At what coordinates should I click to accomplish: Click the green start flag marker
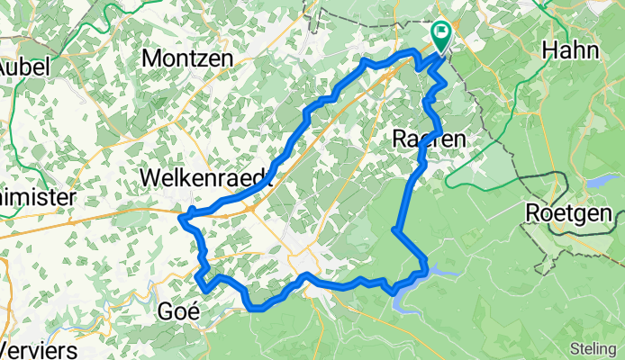pyautogui.click(x=441, y=36)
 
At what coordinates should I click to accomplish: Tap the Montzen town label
pyautogui.click(x=188, y=57)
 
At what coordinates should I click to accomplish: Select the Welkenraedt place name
pyautogui.click(x=207, y=178)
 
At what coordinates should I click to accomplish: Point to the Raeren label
pyautogui.click(x=430, y=139)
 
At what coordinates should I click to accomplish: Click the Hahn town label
pyautogui.click(x=571, y=50)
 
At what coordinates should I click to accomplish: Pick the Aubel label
pyautogui.click(x=23, y=67)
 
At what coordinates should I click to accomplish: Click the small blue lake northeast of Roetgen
pyautogui.click(x=598, y=181)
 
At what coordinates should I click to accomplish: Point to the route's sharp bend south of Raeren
pyautogui.click(x=396, y=230)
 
